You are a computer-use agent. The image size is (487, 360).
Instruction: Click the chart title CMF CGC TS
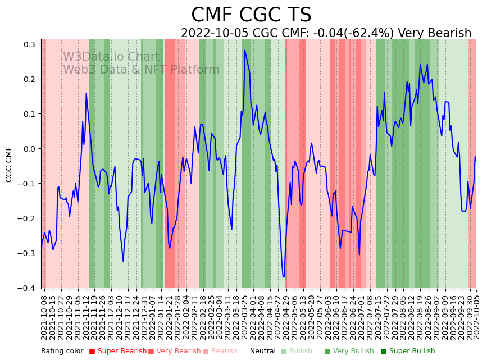point(251,15)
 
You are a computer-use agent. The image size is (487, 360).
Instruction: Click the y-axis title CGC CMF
point(9,164)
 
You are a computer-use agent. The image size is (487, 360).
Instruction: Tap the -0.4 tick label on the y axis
point(28,288)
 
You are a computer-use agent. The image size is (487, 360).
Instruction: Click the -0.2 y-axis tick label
point(28,218)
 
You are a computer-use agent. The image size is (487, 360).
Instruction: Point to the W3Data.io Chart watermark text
point(111,57)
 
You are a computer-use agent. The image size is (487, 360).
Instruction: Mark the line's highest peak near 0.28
point(244,51)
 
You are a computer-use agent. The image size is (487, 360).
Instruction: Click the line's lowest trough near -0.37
point(284,277)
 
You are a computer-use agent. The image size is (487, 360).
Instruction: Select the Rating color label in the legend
point(62,351)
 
